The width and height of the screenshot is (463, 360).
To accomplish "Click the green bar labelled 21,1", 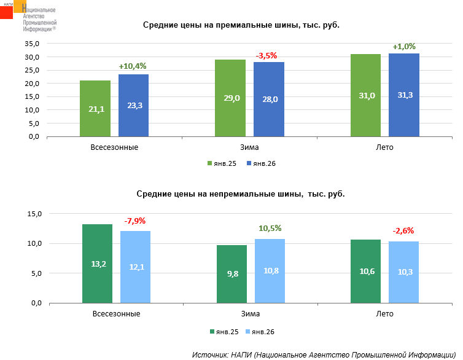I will (95, 108).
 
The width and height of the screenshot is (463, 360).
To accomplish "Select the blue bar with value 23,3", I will (133, 105).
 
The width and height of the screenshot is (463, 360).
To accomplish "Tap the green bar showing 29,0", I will (230, 98).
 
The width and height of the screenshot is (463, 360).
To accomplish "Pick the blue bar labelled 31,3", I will (404, 95).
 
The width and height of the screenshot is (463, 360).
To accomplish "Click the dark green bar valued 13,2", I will (97, 264).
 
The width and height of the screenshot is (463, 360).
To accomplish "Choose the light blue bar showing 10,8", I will (270, 271).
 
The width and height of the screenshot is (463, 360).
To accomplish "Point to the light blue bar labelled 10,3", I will (403, 272).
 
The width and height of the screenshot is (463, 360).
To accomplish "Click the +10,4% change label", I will (133, 66).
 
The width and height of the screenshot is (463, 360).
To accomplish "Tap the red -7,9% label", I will (135, 221).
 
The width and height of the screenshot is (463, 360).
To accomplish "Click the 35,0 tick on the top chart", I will (32, 44).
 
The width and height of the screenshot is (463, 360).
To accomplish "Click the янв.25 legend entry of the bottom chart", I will (224, 332).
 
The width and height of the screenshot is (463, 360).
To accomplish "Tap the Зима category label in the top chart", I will (249, 147).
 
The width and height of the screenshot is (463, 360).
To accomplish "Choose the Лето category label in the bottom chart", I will (384, 313).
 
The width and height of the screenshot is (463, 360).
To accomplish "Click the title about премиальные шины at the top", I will (241, 25).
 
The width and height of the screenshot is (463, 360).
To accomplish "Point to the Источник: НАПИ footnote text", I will (325, 354).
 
